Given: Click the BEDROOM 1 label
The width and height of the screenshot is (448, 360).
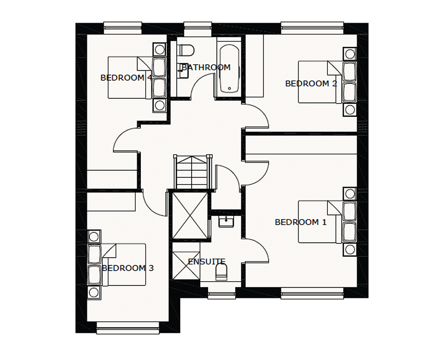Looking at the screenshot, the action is (x=301, y=222).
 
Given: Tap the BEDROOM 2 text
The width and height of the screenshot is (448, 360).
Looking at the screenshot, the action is (x=311, y=83).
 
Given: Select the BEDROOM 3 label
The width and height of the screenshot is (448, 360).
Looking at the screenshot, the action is (x=128, y=268).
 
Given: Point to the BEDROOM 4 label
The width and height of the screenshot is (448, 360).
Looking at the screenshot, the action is (x=126, y=78).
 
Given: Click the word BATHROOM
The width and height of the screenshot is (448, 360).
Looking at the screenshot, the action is (x=206, y=67).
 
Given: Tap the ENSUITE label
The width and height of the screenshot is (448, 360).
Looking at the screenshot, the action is (x=207, y=262).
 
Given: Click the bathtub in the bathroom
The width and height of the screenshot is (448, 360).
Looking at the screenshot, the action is (x=230, y=68).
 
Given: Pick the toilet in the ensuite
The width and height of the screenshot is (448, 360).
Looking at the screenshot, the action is (x=221, y=272).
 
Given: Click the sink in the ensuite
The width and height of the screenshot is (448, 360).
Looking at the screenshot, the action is (x=226, y=222).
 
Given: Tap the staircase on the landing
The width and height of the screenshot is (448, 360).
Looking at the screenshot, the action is (x=193, y=172).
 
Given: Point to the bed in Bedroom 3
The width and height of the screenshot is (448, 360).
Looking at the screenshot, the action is (x=123, y=265).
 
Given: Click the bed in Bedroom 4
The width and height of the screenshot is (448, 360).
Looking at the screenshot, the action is (x=130, y=78).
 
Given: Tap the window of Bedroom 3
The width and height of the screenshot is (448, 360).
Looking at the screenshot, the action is (x=127, y=328).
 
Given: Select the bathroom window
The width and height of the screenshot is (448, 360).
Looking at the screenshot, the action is (x=198, y=29).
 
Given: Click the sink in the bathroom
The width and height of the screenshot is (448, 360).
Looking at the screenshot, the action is (x=183, y=71).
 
